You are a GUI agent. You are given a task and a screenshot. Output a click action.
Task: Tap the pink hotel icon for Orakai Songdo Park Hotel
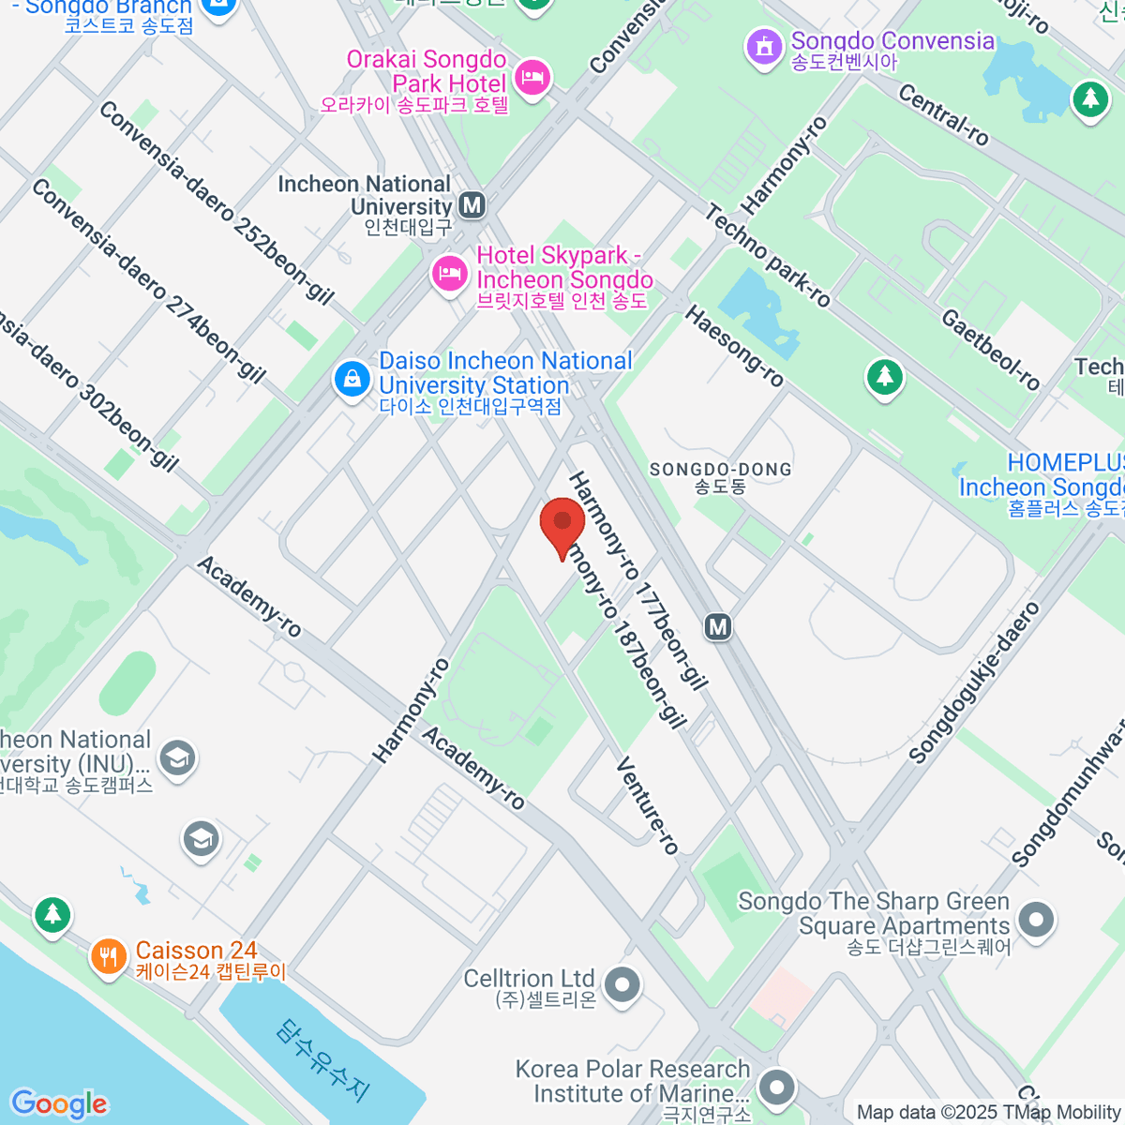[x=532, y=77]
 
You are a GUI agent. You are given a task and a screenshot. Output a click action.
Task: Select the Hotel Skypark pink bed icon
[x=449, y=274]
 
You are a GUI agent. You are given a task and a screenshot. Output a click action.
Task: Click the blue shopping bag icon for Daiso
[x=352, y=380]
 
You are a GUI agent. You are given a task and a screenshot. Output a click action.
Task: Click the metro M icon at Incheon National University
[x=472, y=204]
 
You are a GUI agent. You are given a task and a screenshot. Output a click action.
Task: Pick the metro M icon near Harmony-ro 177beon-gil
[x=718, y=625]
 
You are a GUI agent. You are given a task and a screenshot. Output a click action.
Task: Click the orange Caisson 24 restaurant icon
[x=109, y=957]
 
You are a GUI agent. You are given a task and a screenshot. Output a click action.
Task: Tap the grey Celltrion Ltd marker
[x=622, y=985]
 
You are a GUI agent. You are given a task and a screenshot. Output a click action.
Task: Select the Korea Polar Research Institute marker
[x=776, y=1087]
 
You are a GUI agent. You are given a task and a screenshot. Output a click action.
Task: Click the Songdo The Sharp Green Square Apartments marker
[x=1036, y=920]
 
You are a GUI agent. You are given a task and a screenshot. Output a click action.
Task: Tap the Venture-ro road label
[x=647, y=806]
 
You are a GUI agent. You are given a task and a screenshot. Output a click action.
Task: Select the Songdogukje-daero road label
[x=975, y=682]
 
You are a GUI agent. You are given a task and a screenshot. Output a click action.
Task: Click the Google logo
[x=59, y=1103]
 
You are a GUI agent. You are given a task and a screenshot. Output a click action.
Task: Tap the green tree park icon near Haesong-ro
[x=884, y=378]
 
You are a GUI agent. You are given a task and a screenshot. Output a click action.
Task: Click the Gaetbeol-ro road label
[x=990, y=349]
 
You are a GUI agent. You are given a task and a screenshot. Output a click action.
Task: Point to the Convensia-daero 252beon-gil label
[x=216, y=202]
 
